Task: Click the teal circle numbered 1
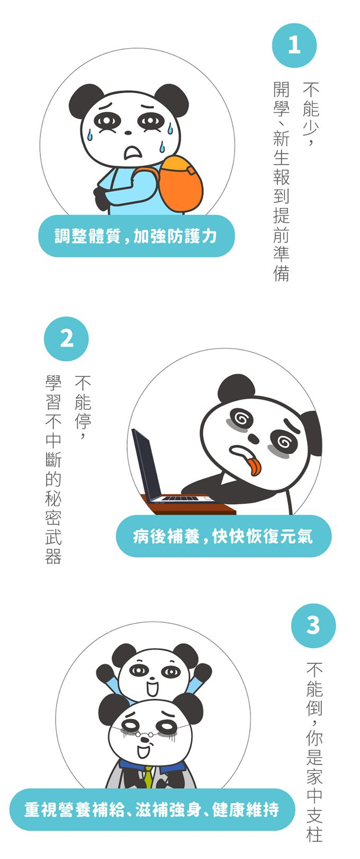(x=294, y=45)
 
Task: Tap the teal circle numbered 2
(x=66, y=339)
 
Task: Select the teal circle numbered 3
(x=313, y=626)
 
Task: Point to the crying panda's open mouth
(x=131, y=152)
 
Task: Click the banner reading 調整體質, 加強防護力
(x=136, y=236)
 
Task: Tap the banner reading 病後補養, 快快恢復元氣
(x=223, y=536)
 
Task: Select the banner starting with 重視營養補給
(x=151, y=809)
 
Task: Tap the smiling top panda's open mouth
(x=152, y=689)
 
